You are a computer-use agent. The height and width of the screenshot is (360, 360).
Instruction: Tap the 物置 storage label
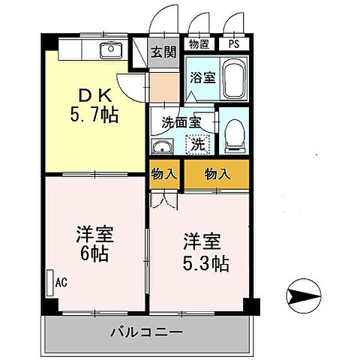[198, 43]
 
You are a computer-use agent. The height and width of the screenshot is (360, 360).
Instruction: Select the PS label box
[234, 43]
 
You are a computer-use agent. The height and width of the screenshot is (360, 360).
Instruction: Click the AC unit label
[60, 282]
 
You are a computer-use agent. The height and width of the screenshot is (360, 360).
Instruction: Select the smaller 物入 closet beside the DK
[164, 174]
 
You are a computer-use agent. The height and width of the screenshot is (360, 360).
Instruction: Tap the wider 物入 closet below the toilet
[216, 174]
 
